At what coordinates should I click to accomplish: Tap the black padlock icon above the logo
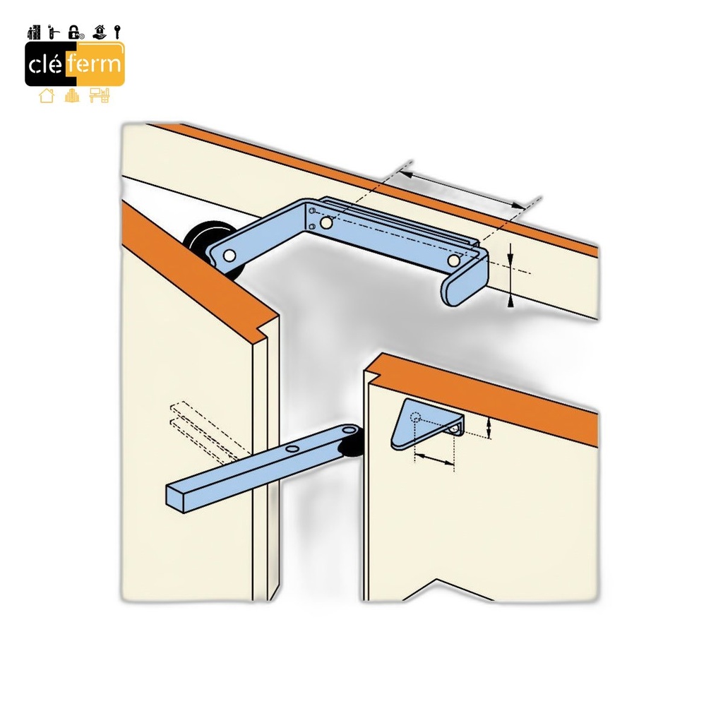pos(75,32)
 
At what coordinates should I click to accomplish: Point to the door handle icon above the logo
pos(54,32)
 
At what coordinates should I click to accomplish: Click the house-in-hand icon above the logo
pos(99,32)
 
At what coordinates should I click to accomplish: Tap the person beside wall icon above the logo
pos(34,32)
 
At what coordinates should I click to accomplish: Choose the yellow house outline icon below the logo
pos(47,95)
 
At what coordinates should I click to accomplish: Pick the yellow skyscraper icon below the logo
pos(72,95)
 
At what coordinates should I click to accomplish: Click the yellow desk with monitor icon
pos(100,95)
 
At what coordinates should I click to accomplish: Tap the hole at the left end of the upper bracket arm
pos(229,256)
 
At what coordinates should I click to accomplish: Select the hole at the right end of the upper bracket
pos(454,261)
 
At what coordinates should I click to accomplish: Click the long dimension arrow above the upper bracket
pos(462,190)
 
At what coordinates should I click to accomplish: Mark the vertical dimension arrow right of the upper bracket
pos(510,275)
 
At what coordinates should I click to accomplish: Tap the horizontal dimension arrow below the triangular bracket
pos(434,459)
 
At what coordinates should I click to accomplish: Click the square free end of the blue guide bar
pos(176,498)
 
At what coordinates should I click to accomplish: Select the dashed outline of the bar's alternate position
pos(210,431)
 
